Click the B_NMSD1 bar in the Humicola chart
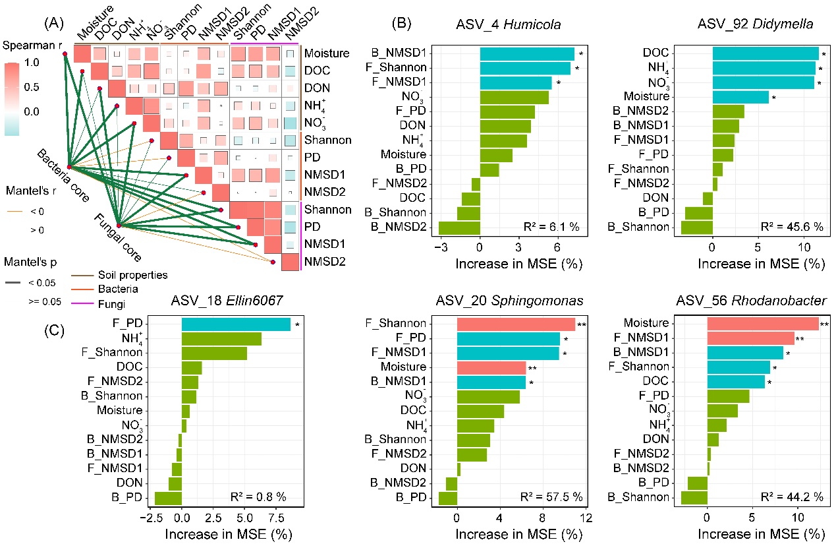[x=527, y=54]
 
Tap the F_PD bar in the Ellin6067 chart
[x=236, y=324]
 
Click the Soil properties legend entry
[x=119, y=275]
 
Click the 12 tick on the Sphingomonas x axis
[x=584, y=518]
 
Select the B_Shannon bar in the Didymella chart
[x=696, y=228]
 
